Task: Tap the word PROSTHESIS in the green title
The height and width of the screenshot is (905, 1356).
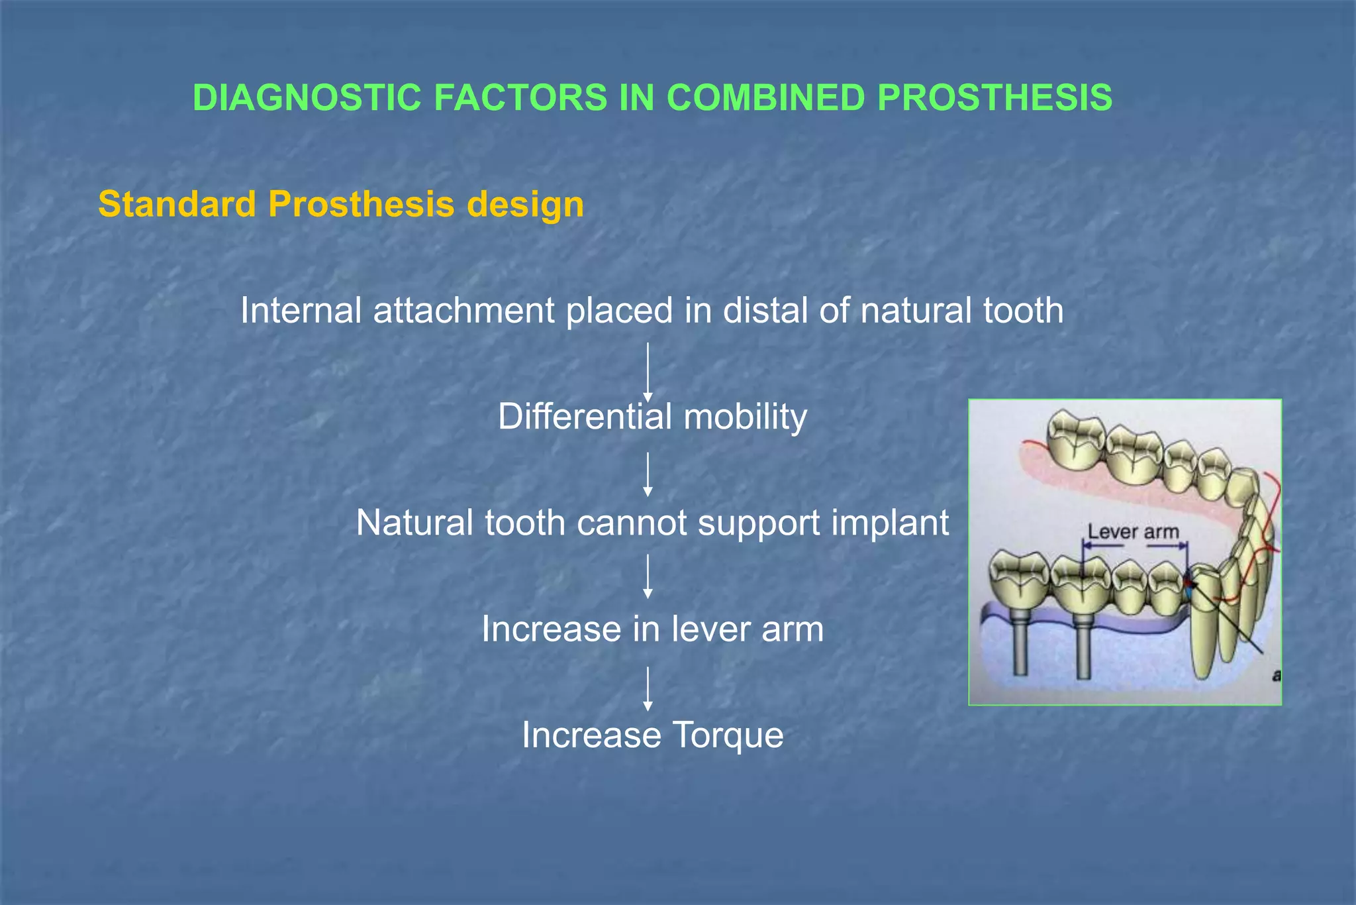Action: (994, 98)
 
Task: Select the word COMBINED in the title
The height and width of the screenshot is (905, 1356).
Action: (765, 98)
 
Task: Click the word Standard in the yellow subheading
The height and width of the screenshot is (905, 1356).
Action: (177, 204)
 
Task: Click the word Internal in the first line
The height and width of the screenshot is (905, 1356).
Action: (301, 310)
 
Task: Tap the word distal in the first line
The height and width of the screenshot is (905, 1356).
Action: (765, 310)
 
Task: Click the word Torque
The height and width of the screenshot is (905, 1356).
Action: (728, 735)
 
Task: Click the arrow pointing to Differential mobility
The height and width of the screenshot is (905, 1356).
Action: (648, 372)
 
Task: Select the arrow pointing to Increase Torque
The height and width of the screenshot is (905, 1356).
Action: (648, 689)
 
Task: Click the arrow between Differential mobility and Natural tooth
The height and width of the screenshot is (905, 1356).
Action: (648, 474)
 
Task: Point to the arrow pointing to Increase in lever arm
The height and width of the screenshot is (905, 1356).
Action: (648, 576)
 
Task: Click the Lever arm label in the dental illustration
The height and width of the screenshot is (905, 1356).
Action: (1134, 531)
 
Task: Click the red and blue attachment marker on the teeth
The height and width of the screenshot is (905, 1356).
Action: (1188, 586)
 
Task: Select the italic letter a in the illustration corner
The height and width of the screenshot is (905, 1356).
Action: (1276, 676)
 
